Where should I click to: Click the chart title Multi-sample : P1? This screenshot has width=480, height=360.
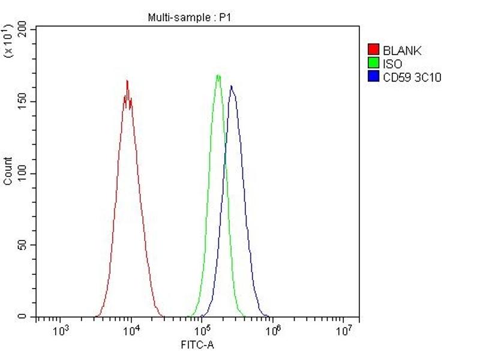[x=189, y=18]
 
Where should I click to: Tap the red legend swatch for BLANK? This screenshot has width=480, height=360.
[x=373, y=50]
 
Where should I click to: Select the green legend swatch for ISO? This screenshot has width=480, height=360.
[x=373, y=64]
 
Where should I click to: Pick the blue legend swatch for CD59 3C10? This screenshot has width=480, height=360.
[x=373, y=77]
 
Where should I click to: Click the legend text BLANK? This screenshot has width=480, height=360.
[x=402, y=51]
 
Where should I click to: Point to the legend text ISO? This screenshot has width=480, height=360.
[x=392, y=64]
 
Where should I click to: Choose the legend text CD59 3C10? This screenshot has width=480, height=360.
[x=412, y=77]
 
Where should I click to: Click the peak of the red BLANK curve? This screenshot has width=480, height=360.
[x=127, y=80]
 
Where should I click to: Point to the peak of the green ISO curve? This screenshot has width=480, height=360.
[x=218, y=75]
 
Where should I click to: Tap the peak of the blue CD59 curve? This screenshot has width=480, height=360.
[x=231, y=86]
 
